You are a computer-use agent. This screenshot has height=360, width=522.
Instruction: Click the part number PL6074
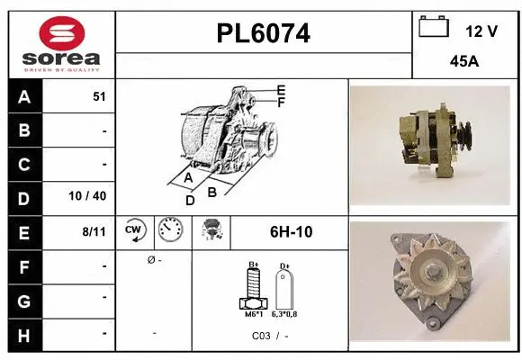(264, 34)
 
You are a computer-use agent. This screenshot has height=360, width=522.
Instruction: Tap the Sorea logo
(62, 45)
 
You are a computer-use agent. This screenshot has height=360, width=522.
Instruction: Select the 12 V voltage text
(481, 31)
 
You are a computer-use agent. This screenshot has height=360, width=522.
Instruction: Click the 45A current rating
(463, 63)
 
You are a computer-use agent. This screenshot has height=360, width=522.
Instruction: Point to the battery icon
(434, 28)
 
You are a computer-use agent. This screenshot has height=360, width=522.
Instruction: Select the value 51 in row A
(99, 97)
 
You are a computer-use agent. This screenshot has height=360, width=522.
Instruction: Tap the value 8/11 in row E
(94, 231)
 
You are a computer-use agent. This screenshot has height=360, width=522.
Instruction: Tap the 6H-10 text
(291, 232)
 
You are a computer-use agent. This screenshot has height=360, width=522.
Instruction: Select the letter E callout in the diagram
(282, 90)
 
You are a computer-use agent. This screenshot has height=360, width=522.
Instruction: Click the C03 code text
(262, 336)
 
